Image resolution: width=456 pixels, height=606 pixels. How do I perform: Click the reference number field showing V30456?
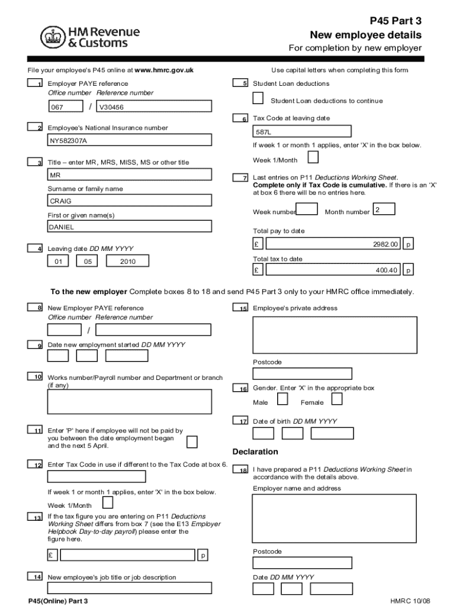(153, 107)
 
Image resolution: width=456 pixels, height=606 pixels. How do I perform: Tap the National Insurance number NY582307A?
(129, 141)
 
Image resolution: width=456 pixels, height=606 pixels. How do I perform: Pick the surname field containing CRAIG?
(129, 201)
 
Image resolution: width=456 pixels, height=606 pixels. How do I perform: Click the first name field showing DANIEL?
(129, 226)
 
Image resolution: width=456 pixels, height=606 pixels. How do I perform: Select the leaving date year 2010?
(127, 261)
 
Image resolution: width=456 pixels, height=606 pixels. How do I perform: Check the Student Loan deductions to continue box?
(258, 98)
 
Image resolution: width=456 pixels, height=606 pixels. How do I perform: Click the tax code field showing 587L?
(301, 132)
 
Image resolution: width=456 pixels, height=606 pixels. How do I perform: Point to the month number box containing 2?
(384, 209)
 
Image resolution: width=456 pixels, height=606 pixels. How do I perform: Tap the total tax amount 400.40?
(333, 270)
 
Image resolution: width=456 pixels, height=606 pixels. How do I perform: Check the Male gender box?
(283, 399)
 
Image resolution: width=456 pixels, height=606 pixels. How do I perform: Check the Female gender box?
(336, 399)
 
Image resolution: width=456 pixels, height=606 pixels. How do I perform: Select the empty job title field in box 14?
(129, 588)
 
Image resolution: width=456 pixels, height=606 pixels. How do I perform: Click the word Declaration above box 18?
(255, 452)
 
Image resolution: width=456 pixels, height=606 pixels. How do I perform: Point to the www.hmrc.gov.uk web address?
(164, 70)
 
